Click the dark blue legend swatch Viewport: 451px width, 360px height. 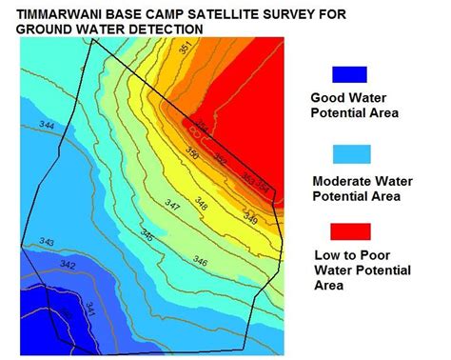click(x=351, y=75)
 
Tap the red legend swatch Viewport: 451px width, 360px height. click(x=351, y=230)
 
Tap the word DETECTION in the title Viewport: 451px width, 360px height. click(x=167, y=30)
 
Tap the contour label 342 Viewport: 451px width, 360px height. click(x=67, y=264)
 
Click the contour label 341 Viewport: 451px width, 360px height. click(x=90, y=307)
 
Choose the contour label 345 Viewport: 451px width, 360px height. click(x=148, y=234)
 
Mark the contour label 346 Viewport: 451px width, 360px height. click(x=200, y=260)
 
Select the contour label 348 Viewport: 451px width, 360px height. click(x=202, y=201)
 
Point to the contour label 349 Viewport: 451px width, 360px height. click(x=250, y=218)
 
